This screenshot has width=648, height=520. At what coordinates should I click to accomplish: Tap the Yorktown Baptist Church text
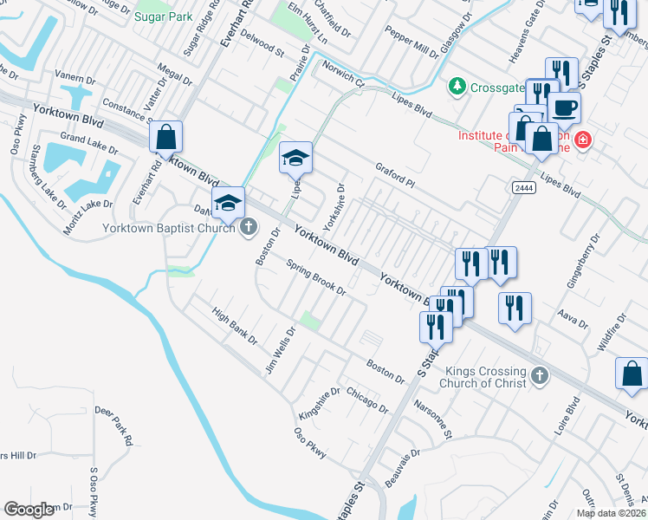(x=168, y=228)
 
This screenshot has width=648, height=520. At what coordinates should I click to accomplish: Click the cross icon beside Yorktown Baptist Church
(x=249, y=228)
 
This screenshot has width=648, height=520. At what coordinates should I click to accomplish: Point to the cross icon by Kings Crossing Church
(x=539, y=376)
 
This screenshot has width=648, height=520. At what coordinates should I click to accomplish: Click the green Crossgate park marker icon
(x=456, y=87)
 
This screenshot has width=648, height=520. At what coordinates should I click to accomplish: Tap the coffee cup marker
(x=564, y=108)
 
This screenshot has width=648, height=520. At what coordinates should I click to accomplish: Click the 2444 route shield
(x=522, y=187)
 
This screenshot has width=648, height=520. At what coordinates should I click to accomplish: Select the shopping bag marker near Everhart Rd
(x=165, y=138)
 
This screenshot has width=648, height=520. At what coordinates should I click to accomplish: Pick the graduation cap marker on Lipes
(x=295, y=158)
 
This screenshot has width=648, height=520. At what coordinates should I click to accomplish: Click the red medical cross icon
(x=584, y=139)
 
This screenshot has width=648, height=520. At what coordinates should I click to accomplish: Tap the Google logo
(x=29, y=510)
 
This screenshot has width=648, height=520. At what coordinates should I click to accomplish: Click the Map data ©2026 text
(x=611, y=513)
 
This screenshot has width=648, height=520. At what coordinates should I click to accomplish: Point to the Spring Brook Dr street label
(x=316, y=279)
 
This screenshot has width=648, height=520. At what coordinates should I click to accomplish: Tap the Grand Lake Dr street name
(x=85, y=139)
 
